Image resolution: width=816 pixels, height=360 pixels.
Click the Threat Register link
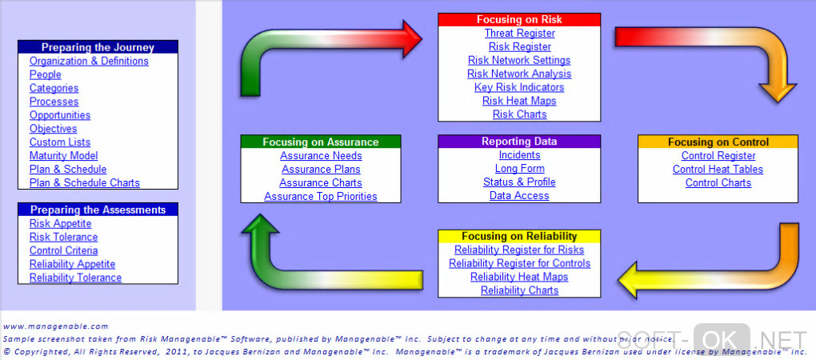tap(519, 34)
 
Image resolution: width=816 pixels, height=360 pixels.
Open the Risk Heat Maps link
tap(519, 101)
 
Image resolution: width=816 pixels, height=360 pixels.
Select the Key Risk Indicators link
tap(519, 87)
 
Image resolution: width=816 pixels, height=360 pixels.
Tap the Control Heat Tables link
tap(718, 169)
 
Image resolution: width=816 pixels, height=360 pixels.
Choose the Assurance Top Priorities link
tap(321, 196)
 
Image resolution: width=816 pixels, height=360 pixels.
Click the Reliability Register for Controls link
tap(519, 263)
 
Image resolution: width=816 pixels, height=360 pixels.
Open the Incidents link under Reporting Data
tap(519, 155)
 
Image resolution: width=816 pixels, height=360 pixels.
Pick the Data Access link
tap(519, 196)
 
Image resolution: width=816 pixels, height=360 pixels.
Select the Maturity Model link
tap(63, 155)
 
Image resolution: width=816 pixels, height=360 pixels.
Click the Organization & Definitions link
tap(89, 61)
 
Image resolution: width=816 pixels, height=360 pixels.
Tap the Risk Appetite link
tap(60, 224)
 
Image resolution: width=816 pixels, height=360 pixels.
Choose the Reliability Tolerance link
tap(75, 278)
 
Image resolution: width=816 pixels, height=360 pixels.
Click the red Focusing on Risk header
tap(519, 20)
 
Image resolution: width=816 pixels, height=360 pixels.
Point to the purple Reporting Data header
tap(519, 142)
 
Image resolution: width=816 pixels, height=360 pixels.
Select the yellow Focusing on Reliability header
tap(519, 236)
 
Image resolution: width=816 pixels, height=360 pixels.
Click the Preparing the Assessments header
tap(98, 210)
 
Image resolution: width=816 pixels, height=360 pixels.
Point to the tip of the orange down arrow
tap(778, 102)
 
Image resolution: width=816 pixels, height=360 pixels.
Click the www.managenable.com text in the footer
tap(56, 326)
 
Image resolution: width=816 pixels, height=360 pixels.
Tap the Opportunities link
tap(60, 115)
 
